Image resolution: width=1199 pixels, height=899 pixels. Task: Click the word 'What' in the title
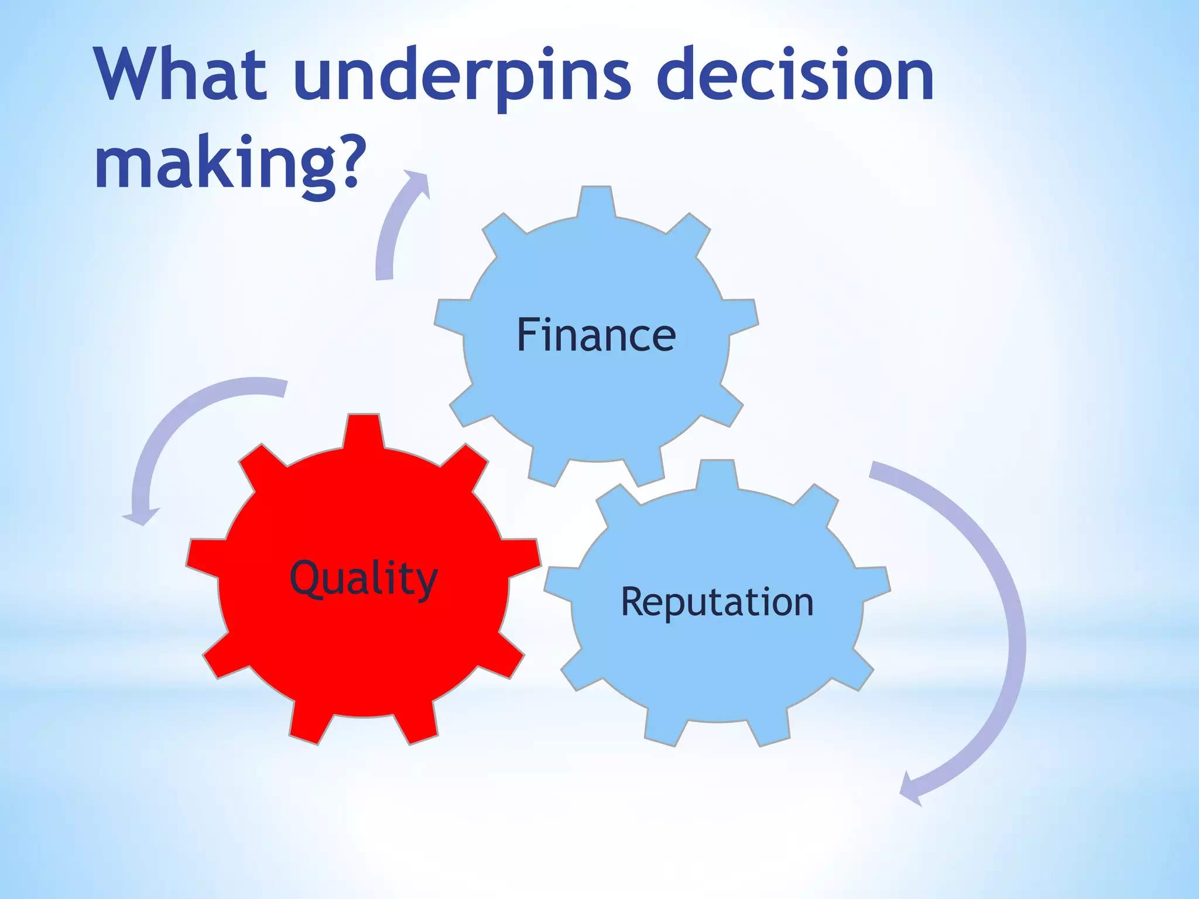point(181,74)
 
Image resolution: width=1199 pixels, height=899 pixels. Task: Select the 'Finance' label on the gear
point(596,335)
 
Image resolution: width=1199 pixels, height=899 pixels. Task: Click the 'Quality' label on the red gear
point(364,578)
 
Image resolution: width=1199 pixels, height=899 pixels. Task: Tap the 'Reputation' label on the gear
point(717,602)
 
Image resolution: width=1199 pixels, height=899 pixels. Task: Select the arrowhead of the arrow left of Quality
point(141,516)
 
